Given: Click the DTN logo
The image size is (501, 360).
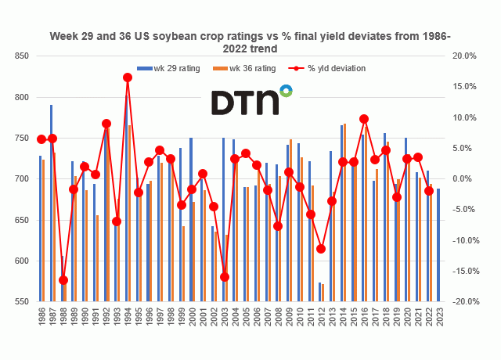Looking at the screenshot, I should [x=251, y=102].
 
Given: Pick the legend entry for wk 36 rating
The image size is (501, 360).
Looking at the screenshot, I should [x=249, y=68].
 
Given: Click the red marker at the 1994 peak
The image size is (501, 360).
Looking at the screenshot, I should [x=128, y=77].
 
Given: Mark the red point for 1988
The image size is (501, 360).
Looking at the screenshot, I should [x=63, y=280].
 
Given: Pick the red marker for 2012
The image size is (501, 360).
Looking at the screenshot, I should [x=321, y=249].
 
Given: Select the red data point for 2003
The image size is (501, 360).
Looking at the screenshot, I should [x=225, y=277].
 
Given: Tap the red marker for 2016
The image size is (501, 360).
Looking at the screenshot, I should [x=364, y=119].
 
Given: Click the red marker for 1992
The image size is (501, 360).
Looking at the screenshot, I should [x=106, y=124].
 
